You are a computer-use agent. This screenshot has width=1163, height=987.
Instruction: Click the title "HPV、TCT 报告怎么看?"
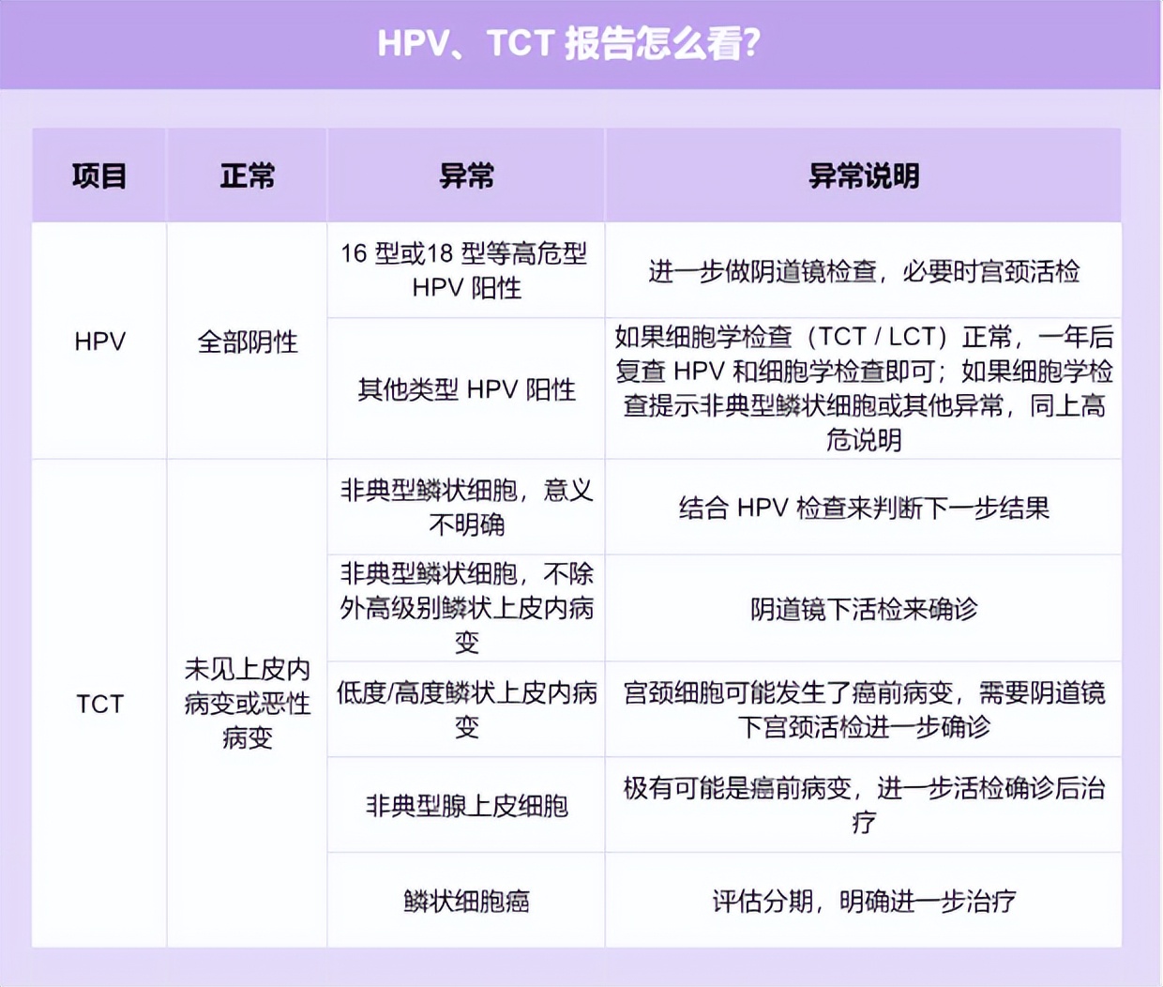click(x=568, y=44)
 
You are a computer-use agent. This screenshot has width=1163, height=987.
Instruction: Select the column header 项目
click(x=99, y=175)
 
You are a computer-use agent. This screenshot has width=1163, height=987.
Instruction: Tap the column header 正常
click(x=248, y=175)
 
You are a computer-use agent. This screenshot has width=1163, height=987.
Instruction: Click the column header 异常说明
click(x=863, y=175)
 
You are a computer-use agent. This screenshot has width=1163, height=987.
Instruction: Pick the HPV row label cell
click(x=99, y=342)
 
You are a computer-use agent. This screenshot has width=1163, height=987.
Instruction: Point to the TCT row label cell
click(x=99, y=704)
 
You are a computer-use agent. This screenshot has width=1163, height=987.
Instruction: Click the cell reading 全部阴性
click(x=248, y=342)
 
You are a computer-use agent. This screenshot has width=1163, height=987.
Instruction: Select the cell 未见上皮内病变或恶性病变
click(x=248, y=704)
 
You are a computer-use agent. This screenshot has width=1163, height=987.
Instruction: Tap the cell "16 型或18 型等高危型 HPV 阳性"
click(x=466, y=270)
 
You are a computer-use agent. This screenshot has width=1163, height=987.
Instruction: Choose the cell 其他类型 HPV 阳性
click(x=466, y=389)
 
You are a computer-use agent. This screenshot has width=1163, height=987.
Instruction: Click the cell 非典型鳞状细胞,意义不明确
click(x=466, y=507)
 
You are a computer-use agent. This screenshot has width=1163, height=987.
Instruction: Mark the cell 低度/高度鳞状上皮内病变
click(x=466, y=709)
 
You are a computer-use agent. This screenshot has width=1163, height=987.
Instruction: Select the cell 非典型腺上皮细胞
click(x=466, y=806)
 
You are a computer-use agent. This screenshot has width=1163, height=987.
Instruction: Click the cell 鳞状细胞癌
click(x=466, y=902)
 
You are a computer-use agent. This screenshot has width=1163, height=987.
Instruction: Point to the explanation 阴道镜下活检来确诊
click(x=863, y=609)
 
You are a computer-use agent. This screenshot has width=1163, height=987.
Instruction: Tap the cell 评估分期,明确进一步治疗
click(x=863, y=902)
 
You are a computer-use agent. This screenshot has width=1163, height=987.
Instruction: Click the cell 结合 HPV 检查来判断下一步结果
click(x=863, y=508)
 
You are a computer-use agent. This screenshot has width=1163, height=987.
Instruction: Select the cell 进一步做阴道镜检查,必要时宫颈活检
click(x=863, y=271)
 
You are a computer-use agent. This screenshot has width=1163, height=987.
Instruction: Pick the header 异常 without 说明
click(x=466, y=175)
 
